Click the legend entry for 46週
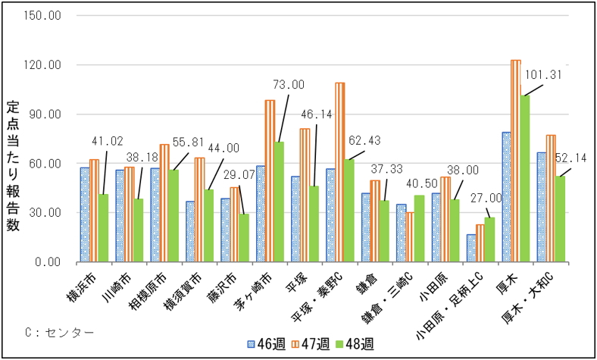coord(268,344)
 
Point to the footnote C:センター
coord(58,332)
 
